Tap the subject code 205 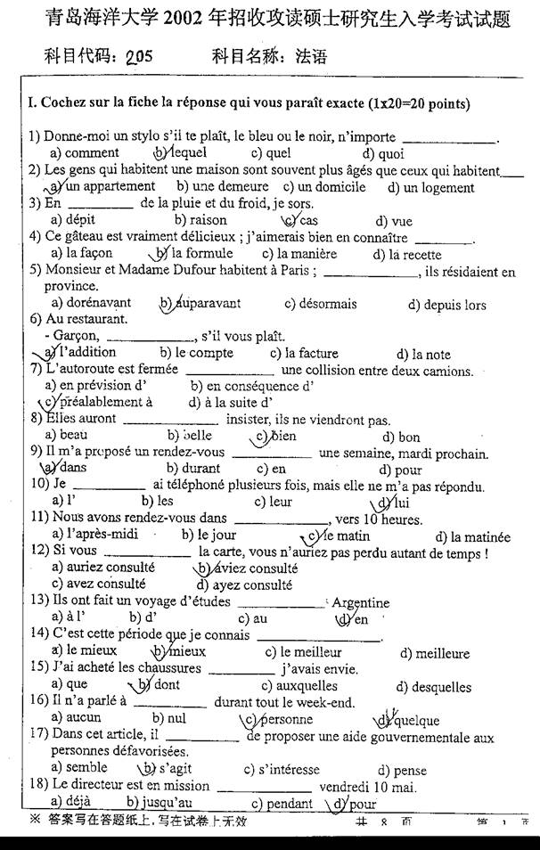tap(139, 58)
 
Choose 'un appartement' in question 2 tap(110, 187)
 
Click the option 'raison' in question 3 tap(207, 221)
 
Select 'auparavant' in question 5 tap(207, 304)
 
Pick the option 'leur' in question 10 tap(280, 502)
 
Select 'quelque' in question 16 tap(415, 720)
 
